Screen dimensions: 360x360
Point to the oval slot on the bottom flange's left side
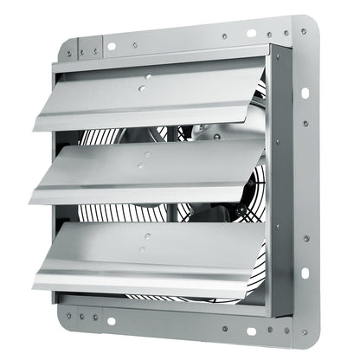110,321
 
